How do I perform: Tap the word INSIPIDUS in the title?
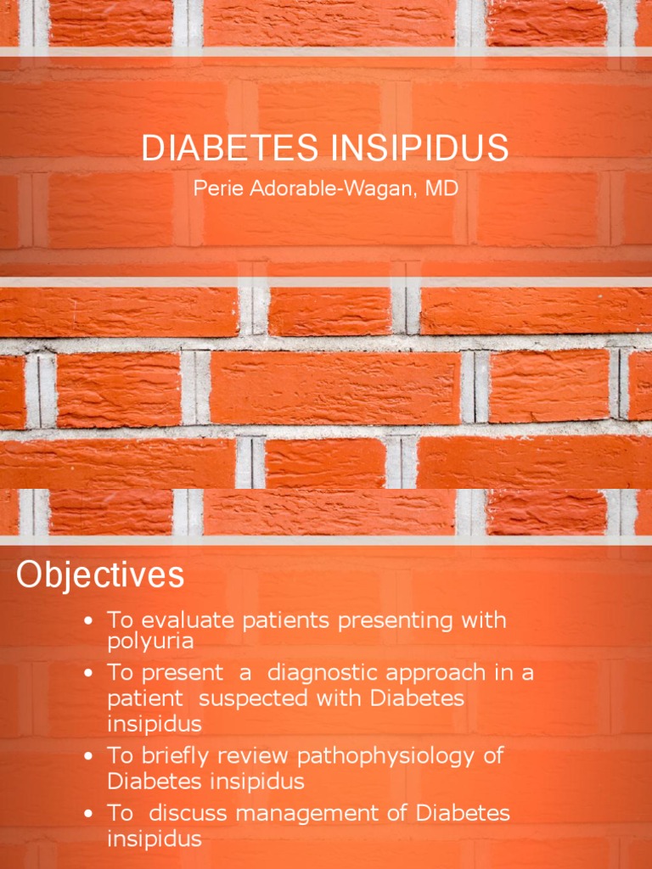click(x=418, y=149)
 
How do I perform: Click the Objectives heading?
click(x=100, y=575)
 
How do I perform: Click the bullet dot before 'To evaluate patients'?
click(x=87, y=622)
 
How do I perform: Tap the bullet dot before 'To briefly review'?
click(x=87, y=756)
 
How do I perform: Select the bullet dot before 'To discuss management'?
click(x=87, y=815)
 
